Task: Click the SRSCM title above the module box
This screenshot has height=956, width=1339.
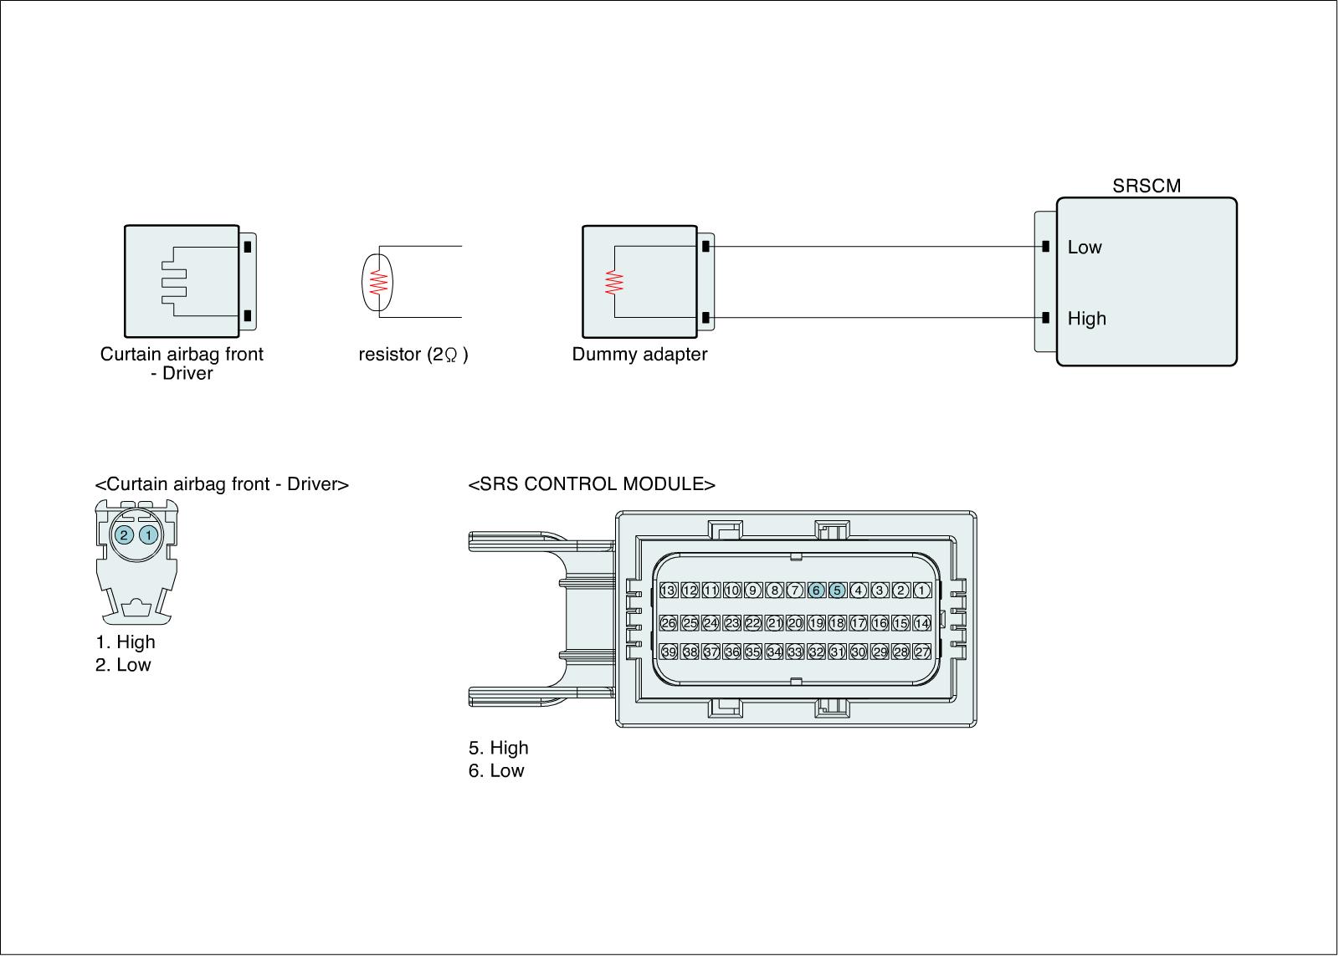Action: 1146,186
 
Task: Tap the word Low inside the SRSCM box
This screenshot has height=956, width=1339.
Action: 1085,248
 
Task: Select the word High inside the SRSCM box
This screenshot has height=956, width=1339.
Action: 1086,319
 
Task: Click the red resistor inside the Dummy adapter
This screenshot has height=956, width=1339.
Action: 615,282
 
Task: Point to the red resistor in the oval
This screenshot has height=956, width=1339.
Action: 379,282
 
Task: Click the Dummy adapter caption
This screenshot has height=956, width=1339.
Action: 639,354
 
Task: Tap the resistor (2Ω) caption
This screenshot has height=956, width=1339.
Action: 413,355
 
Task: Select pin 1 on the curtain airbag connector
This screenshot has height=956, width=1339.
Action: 148,534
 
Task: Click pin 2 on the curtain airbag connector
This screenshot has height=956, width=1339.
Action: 124,534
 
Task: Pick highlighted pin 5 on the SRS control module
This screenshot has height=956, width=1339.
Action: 837,590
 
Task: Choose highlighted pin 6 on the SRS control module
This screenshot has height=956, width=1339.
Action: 816,590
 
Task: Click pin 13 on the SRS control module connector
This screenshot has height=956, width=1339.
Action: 668,590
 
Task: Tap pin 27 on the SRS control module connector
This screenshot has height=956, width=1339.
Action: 922,652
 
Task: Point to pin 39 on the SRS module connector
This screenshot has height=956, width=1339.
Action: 668,652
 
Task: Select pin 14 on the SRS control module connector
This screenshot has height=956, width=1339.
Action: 922,623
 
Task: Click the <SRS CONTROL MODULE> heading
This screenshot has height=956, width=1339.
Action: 592,484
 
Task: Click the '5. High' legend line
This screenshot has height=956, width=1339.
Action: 499,748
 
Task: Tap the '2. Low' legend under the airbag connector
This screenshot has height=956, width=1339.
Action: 123,665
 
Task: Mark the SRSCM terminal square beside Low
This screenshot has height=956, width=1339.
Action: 1046,247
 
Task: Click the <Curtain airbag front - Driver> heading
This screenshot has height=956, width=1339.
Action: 222,484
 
